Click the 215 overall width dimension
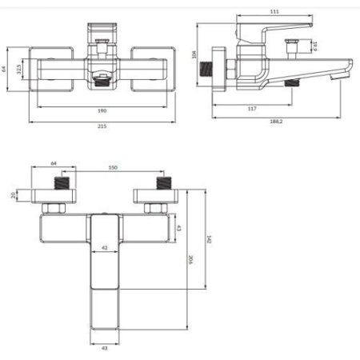coord(102,126)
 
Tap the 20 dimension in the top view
coord(14,194)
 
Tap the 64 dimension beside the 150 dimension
coord(54,163)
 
